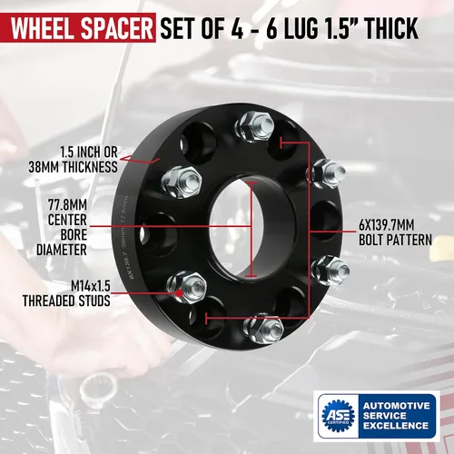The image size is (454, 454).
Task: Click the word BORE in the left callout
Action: (x=71, y=233)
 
